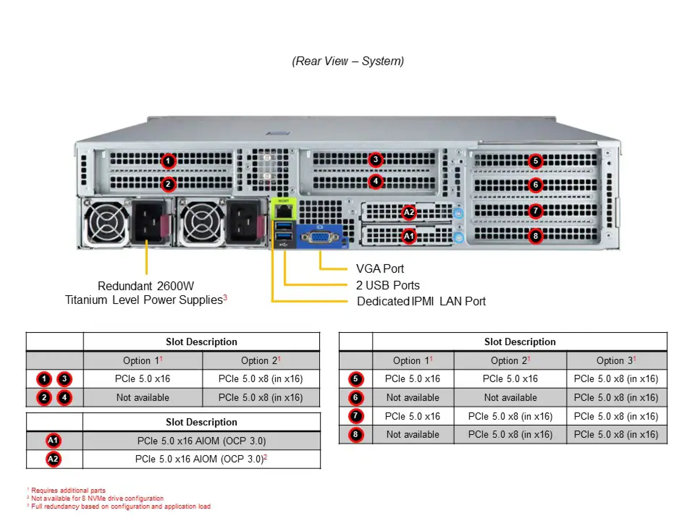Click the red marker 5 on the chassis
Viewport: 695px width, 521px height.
535,161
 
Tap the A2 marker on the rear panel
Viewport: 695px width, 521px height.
409,212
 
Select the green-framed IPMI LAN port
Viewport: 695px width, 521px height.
283,211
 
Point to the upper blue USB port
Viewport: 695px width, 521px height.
284,226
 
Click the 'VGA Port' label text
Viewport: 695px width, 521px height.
379,269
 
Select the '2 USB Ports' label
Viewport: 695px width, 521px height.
387,285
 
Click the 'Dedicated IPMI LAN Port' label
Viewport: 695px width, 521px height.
421,301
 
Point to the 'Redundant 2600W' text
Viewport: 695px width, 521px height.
146,286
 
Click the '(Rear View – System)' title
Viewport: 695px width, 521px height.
347,61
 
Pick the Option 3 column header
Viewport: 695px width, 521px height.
616,361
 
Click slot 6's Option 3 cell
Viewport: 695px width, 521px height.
616,398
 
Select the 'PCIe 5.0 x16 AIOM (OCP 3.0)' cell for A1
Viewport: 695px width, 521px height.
201,441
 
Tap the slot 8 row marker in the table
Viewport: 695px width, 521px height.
355,435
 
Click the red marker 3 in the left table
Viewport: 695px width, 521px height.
64,379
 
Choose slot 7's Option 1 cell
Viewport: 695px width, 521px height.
412,416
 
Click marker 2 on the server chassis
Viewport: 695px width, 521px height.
168,184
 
